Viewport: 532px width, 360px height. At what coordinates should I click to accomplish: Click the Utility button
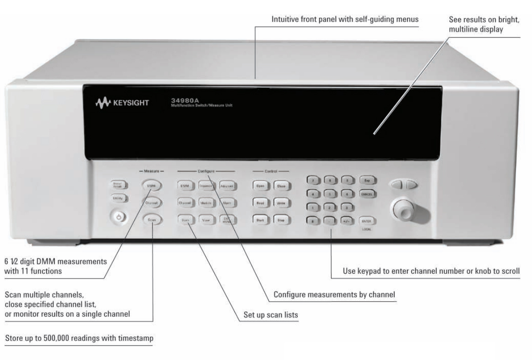118,199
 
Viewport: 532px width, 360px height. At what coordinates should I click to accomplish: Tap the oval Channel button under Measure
151,202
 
